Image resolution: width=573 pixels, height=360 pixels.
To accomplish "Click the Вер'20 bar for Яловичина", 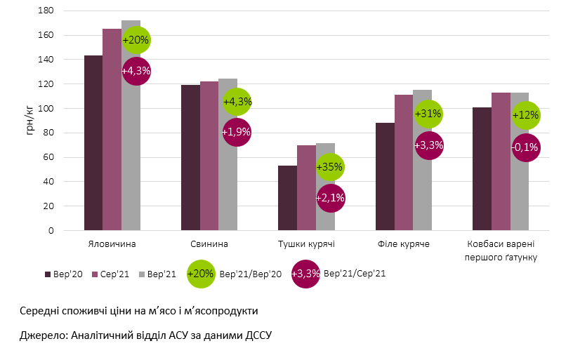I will click(x=93, y=143).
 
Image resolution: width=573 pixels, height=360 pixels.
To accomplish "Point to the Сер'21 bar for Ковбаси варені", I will click(x=501, y=161).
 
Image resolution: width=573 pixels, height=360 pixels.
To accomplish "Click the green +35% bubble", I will click(x=330, y=168).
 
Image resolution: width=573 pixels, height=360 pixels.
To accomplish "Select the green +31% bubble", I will click(x=428, y=114).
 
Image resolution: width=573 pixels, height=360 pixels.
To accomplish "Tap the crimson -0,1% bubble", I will click(x=526, y=147).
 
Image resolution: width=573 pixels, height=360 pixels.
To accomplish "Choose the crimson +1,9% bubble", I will click(x=237, y=132).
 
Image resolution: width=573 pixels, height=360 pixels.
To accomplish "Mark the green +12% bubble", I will click(x=526, y=115).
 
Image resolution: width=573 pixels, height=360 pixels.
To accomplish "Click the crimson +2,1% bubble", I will click(x=330, y=199).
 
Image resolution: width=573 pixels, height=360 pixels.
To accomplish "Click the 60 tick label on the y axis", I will click(x=48, y=157).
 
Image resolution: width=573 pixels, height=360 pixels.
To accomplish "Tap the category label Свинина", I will click(x=209, y=244).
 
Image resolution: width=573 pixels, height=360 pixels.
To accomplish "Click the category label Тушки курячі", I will click(x=306, y=244).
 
